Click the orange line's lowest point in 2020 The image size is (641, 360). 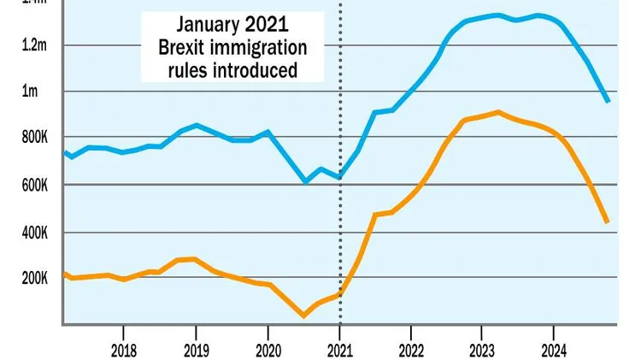tap(303, 316)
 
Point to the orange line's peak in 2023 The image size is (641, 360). tap(498, 112)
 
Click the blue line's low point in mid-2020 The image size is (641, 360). tap(304, 182)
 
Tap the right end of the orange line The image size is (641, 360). tap(608, 222)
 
